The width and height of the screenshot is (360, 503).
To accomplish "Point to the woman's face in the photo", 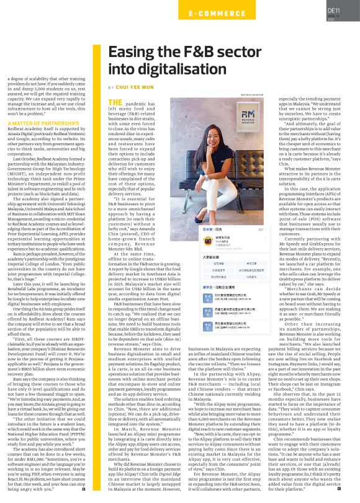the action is tap(217, 127).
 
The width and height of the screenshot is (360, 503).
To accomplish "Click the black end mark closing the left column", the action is tap(83, 490).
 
